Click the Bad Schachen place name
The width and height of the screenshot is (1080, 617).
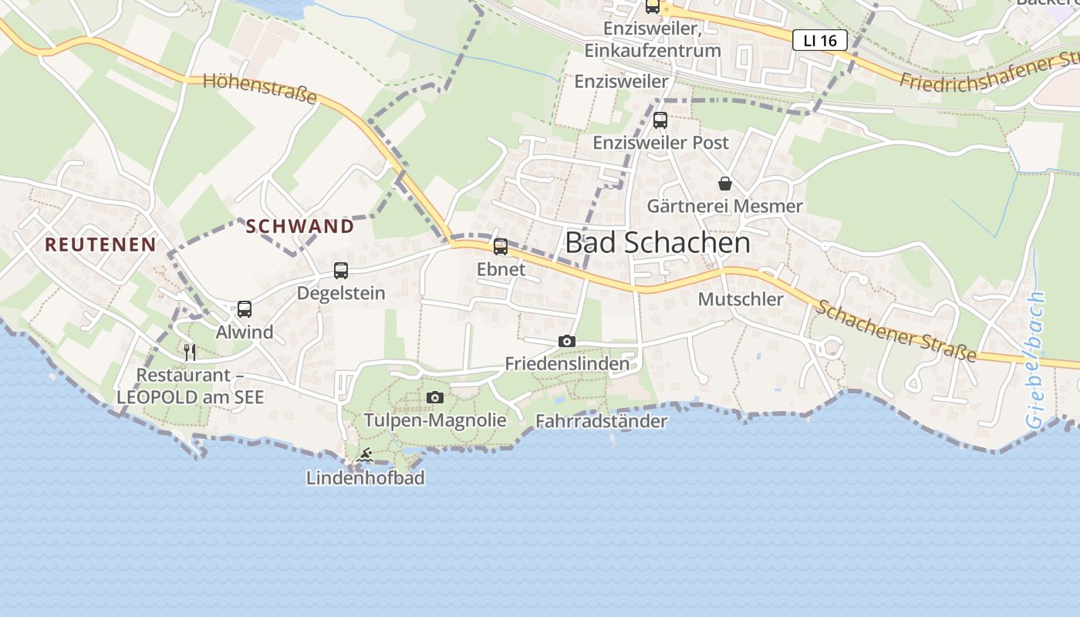(x=657, y=243)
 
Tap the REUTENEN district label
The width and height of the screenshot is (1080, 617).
(x=100, y=245)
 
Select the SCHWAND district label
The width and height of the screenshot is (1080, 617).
(x=300, y=227)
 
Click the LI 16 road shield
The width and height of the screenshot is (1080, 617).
(x=819, y=40)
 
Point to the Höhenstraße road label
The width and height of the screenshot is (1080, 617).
(x=260, y=89)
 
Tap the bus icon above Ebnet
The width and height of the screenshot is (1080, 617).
(x=501, y=247)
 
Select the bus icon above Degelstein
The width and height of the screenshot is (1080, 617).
(x=341, y=271)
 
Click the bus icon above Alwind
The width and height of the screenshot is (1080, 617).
(x=245, y=309)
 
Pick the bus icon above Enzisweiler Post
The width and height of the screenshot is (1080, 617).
(x=660, y=120)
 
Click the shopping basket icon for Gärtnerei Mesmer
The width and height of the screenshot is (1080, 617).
(x=725, y=184)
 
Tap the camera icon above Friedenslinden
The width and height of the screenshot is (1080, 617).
(x=567, y=341)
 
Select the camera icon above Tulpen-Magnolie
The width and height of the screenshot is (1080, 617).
(x=435, y=397)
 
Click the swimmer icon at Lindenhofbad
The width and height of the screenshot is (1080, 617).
(x=366, y=456)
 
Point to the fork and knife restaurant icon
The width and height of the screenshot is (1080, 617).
(x=190, y=352)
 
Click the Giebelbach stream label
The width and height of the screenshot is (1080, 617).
(x=1035, y=360)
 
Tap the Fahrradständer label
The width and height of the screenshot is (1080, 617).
(x=601, y=421)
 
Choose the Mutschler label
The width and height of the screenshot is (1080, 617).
(x=741, y=299)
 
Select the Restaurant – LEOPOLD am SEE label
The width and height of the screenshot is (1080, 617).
(x=190, y=386)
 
